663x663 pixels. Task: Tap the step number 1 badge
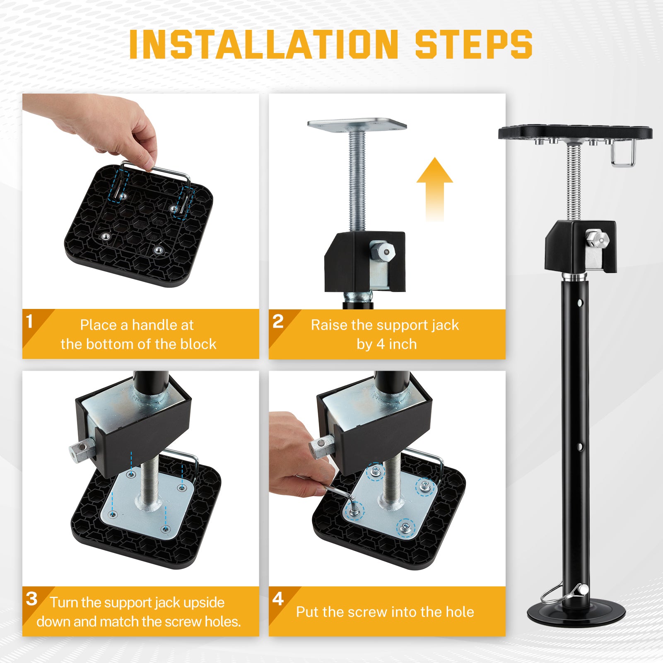point(29,321)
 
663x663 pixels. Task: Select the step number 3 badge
point(31,599)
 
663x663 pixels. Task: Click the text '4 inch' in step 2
point(397,344)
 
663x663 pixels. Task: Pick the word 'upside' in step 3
point(204,603)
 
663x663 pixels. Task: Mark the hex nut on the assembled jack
point(597,239)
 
